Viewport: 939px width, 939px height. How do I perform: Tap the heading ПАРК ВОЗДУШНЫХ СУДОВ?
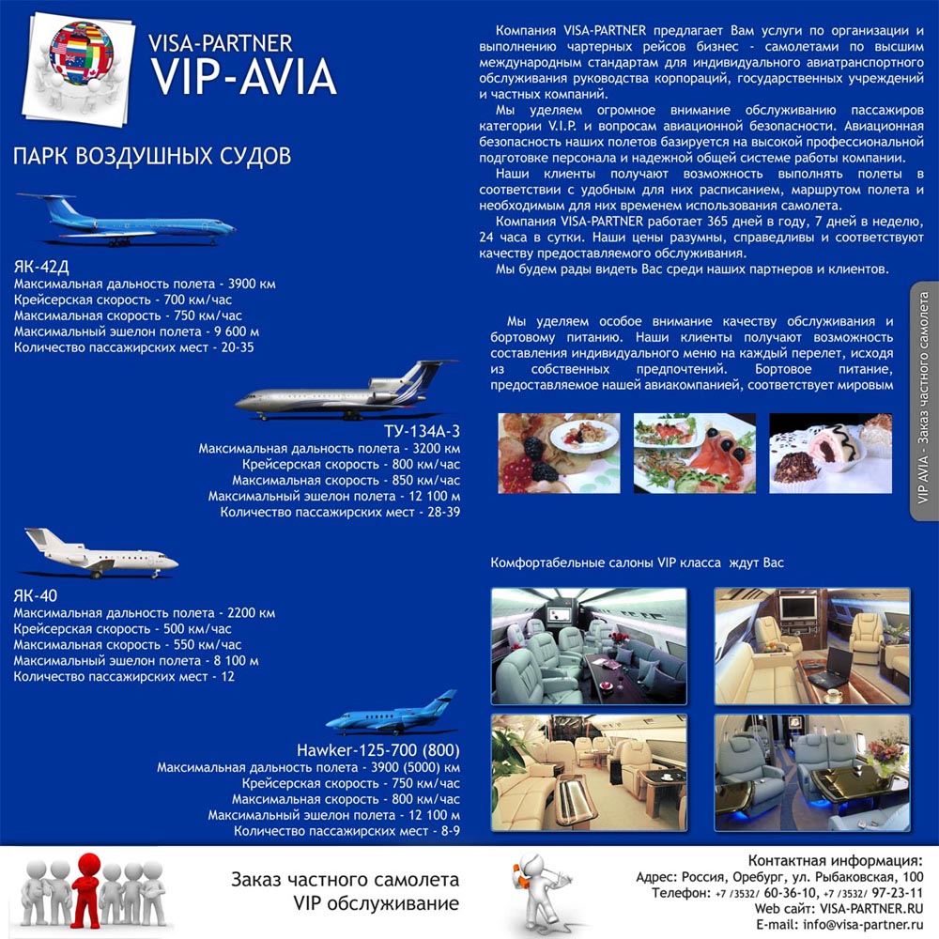151,155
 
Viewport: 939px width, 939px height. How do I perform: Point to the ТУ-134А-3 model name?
423,432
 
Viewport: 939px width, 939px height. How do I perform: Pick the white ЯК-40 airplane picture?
99,554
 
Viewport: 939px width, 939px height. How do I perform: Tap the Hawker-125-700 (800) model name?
377,750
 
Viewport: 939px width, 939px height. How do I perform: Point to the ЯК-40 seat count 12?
227,676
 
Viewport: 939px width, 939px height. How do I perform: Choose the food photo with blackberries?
558,453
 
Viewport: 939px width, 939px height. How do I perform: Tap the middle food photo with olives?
694,453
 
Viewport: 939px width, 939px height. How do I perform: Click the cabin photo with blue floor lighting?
811,772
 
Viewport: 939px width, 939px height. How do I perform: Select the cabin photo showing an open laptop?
811,645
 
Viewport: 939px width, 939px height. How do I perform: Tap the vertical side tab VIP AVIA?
923,399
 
